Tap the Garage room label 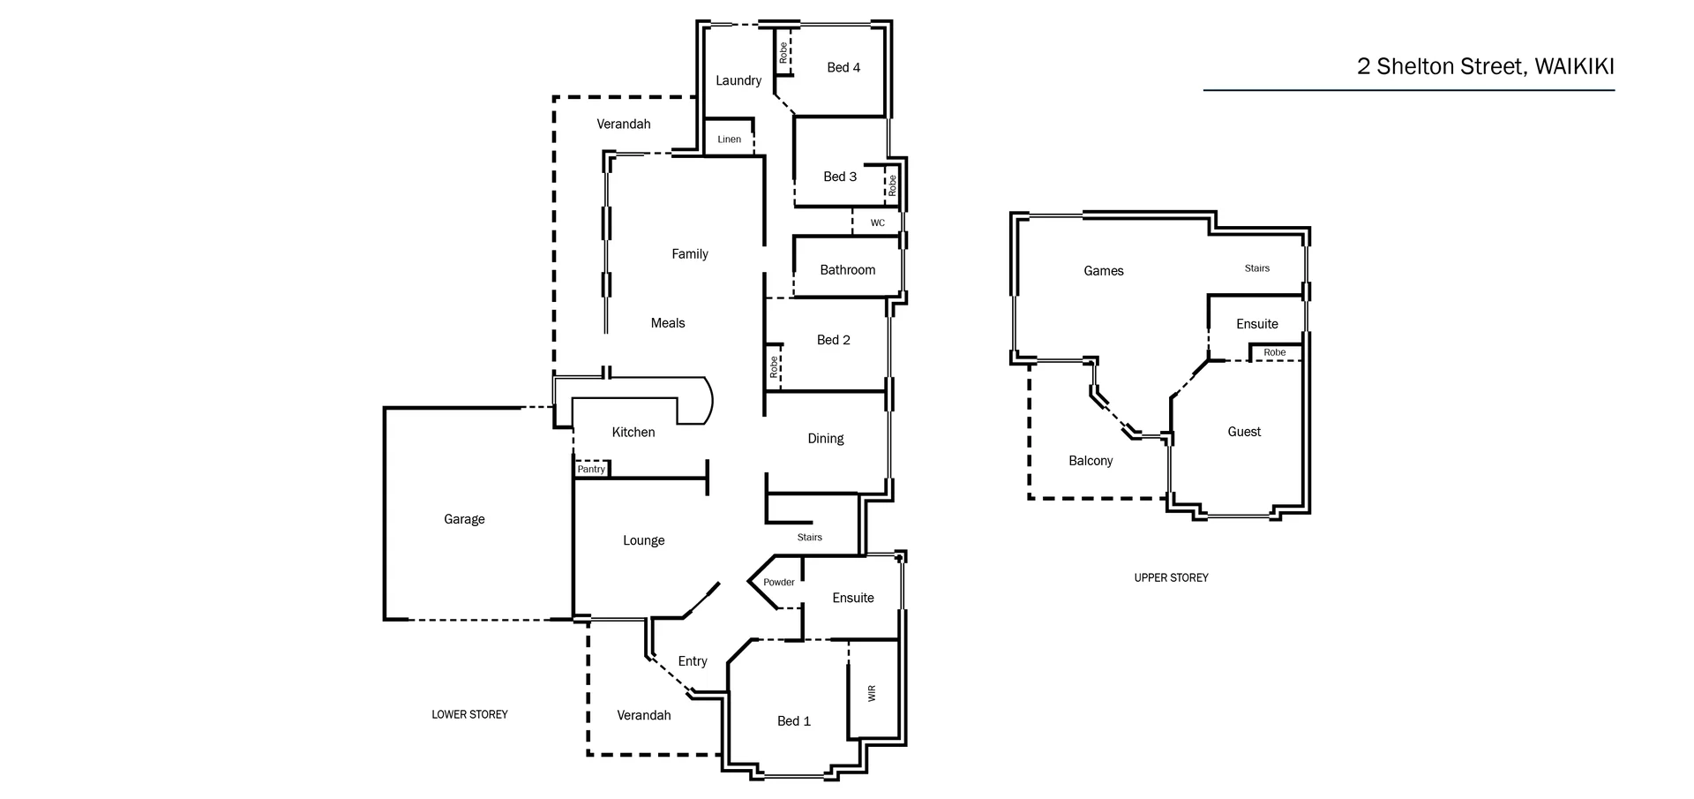click(x=464, y=519)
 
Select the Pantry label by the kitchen click(x=591, y=469)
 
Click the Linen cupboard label click(x=729, y=139)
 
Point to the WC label click(x=877, y=222)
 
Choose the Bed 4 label click(x=843, y=67)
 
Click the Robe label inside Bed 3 click(x=892, y=185)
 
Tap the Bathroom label click(x=847, y=270)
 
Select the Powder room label click(x=778, y=582)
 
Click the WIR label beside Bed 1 click(x=872, y=693)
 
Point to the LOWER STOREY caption click(x=469, y=714)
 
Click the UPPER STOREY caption click(x=1171, y=577)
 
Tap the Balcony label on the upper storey click(x=1091, y=461)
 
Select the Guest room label click(x=1244, y=432)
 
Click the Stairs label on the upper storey click(x=1256, y=268)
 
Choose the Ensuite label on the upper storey click(x=1256, y=324)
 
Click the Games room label click(x=1103, y=271)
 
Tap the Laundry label click(x=738, y=80)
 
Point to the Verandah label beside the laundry click(x=623, y=124)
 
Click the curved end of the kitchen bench click(x=705, y=402)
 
